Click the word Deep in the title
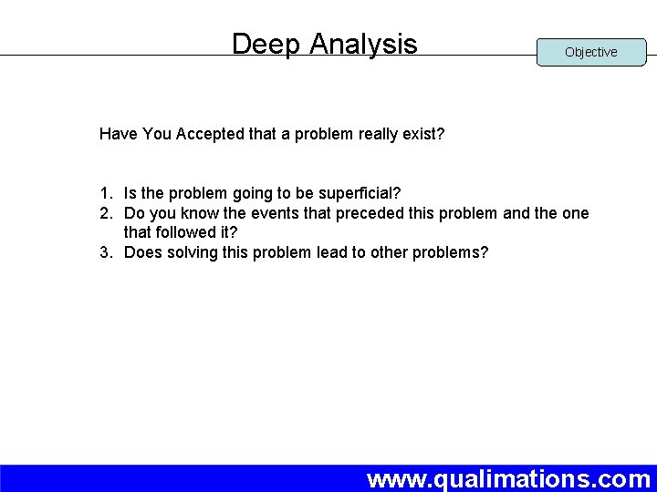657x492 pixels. (x=266, y=44)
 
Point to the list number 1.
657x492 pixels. (x=106, y=193)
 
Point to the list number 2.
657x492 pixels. (x=106, y=213)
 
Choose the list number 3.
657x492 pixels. (x=106, y=252)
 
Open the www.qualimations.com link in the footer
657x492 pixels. (x=508, y=478)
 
